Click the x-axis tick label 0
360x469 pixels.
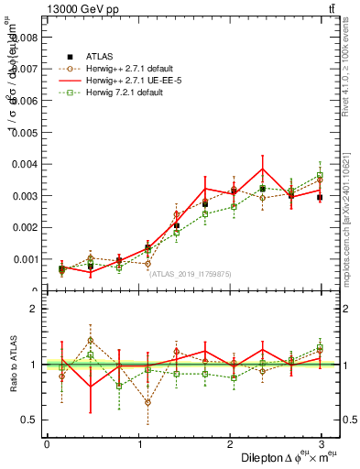click(x=47, y=444)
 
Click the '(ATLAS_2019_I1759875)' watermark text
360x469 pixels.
click(x=191, y=273)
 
